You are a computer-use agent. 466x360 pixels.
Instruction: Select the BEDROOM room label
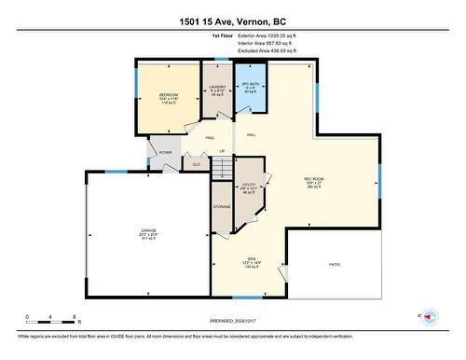pos(168,97)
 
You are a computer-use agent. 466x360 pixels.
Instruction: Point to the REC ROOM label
pos(314,181)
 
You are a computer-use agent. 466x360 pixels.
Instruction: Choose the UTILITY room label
pos(248,188)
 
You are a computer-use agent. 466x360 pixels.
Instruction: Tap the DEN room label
pos(251,262)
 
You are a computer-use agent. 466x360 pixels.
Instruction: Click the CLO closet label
pos(197,164)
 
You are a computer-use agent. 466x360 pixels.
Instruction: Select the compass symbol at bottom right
pos(430,316)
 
